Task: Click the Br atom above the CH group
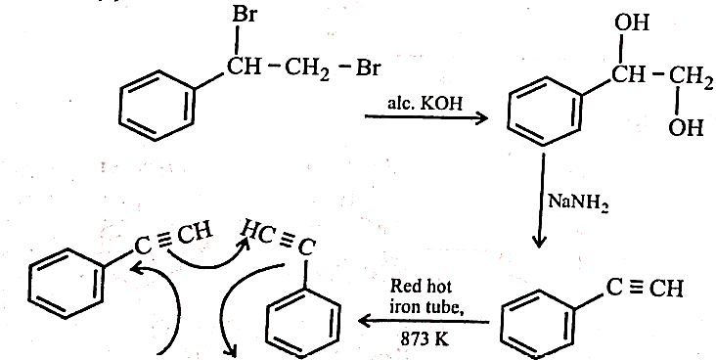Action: click(x=245, y=15)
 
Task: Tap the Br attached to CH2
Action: click(x=368, y=68)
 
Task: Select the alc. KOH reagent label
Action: click(x=425, y=104)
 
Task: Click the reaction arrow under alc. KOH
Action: click(x=426, y=117)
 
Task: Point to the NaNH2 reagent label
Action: click(x=578, y=202)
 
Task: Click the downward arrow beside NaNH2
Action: click(x=541, y=201)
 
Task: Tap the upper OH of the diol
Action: click(x=632, y=22)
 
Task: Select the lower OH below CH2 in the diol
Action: click(x=686, y=127)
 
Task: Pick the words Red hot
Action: click(x=421, y=287)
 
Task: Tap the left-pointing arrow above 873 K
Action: click(x=425, y=322)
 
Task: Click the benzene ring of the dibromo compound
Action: click(x=157, y=105)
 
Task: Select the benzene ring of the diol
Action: click(x=547, y=111)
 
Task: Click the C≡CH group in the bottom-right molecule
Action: click(x=645, y=289)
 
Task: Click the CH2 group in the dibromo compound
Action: click(x=307, y=69)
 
